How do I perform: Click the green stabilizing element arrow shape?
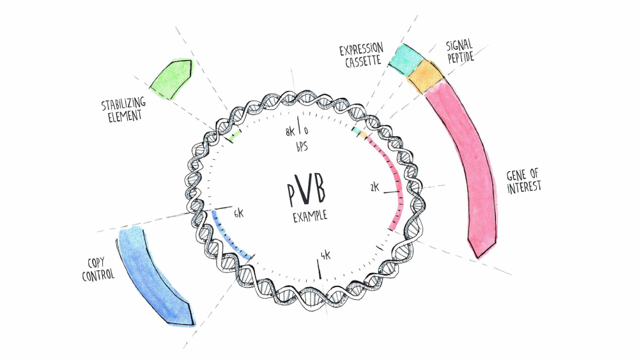click(x=171, y=79)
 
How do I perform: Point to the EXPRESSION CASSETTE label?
click(x=361, y=55)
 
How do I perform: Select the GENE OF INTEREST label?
click(x=524, y=180)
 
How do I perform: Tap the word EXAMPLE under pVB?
click(x=310, y=216)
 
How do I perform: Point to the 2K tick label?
click(x=375, y=187)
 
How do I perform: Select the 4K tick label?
click(x=326, y=256)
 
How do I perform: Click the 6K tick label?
click(x=238, y=214)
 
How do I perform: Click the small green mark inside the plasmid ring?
click(x=234, y=134)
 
